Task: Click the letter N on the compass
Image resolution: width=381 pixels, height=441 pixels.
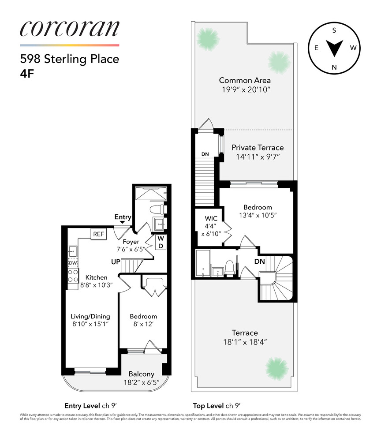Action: coord(334,67)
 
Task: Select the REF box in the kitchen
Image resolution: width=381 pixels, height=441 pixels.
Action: coord(98,234)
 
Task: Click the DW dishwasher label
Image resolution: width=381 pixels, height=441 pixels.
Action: coord(72,263)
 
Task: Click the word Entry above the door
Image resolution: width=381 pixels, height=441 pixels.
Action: coord(123,217)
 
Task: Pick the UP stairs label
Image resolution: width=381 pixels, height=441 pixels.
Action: coord(116,262)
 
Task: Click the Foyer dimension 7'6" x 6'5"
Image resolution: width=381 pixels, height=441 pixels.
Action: coord(131,249)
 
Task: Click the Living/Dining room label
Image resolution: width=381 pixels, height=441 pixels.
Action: coord(90,316)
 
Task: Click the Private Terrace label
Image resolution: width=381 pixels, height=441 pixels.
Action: coord(258,148)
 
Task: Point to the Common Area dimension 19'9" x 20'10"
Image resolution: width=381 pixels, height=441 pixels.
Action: coord(245,90)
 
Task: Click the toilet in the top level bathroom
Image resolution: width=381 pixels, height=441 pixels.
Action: coord(229,266)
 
